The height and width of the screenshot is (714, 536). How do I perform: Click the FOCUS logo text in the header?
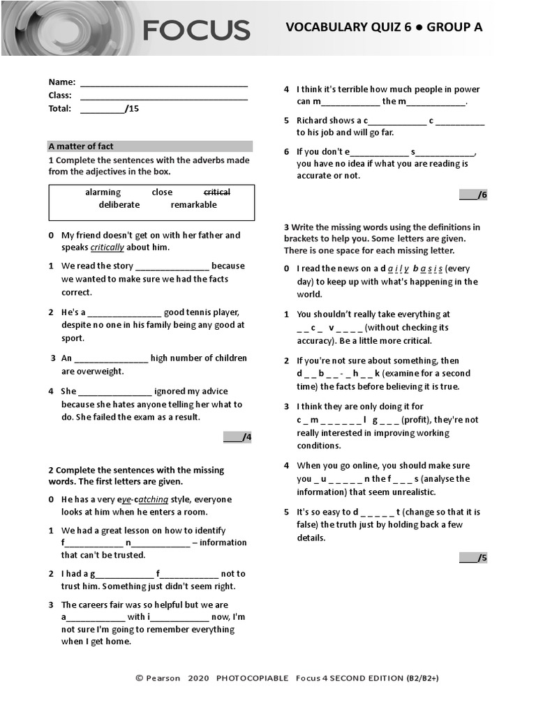196,30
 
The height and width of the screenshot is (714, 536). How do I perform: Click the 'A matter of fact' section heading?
81,146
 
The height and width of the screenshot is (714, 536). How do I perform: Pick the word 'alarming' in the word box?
103,192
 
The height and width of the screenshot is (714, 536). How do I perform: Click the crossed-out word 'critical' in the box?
216,192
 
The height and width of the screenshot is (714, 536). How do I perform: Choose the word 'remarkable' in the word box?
193,205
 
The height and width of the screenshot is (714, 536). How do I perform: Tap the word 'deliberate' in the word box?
119,205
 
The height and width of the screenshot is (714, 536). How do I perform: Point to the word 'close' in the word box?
162,192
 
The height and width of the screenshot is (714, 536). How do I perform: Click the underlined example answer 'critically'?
107,248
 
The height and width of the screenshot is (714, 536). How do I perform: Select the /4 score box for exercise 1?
237,437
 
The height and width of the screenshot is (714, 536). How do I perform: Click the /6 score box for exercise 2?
472,195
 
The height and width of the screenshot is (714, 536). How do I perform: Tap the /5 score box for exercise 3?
472,557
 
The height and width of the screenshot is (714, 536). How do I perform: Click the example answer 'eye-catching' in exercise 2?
144,500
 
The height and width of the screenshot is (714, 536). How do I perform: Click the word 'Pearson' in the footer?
163,678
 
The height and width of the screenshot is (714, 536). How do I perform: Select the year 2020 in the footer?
198,678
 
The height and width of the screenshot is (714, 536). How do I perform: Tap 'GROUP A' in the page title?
454,27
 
